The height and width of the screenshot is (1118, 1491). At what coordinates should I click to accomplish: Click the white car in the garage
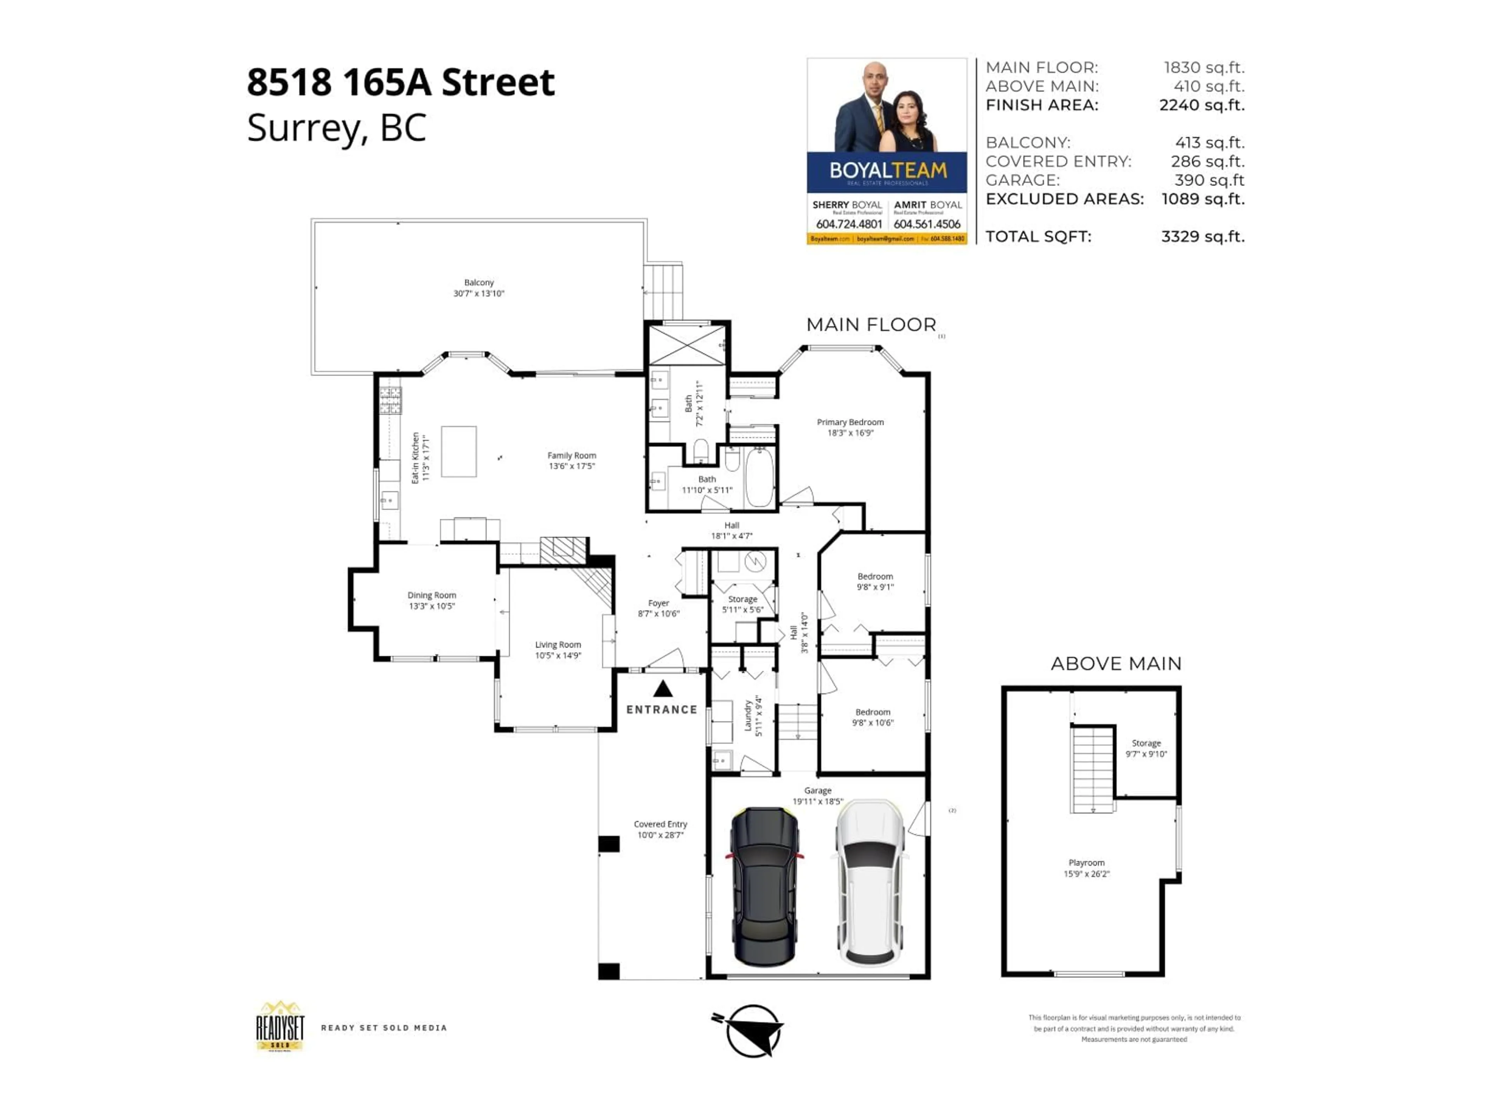coord(871,883)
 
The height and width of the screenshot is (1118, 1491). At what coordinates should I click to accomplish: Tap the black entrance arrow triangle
coord(662,689)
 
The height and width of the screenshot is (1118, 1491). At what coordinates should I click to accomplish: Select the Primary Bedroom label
coord(850,422)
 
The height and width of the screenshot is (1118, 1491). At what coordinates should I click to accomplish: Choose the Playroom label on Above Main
coord(1086,863)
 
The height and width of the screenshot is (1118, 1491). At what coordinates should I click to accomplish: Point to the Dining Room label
coord(431,595)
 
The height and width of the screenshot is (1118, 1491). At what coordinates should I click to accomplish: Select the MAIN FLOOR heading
coord(871,325)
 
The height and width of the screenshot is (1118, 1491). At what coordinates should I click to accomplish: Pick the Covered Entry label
coord(660,824)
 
